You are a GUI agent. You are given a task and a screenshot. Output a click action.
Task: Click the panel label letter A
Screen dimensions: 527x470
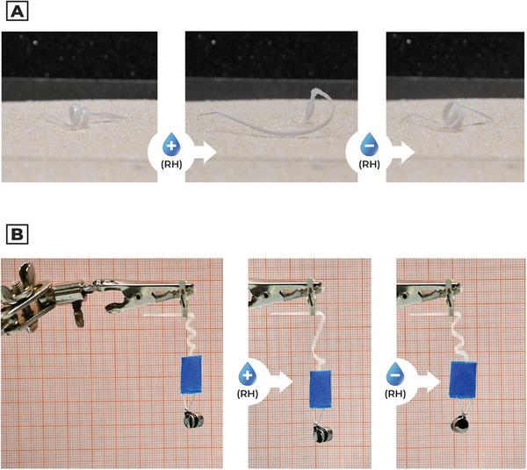click(x=18, y=12)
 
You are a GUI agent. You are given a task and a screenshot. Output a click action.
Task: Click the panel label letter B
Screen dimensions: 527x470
click(x=18, y=234)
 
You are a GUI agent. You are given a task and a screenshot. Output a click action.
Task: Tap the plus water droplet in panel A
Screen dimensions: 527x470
click(x=171, y=145)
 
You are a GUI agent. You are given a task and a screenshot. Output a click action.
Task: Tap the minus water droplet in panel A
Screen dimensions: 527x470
click(x=369, y=145)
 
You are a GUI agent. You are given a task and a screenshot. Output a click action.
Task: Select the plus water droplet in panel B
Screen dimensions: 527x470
click(x=248, y=374)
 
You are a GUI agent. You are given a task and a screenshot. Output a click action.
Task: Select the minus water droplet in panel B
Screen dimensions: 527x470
click(x=395, y=374)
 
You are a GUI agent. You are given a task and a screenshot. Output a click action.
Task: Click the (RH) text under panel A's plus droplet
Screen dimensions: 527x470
click(x=171, y=164)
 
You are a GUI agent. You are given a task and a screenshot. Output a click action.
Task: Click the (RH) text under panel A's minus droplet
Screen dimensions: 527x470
click(x=369, y=164)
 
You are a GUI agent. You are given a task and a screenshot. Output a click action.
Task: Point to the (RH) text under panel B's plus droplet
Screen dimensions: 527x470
click(x=248, y=394)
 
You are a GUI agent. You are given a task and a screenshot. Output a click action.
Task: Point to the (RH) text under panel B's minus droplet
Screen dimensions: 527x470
click(x=395, y=394)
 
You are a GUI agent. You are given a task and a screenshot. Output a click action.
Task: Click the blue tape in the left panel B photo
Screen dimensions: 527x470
click(x=191, y=374)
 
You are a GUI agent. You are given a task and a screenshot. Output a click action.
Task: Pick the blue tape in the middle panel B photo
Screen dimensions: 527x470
click(x=321, y=389)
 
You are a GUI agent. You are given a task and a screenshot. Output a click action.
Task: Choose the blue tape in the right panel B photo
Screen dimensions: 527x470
click(x=463, y=380)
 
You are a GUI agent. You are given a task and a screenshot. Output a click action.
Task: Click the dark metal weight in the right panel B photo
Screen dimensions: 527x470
click(x=460, y=424)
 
